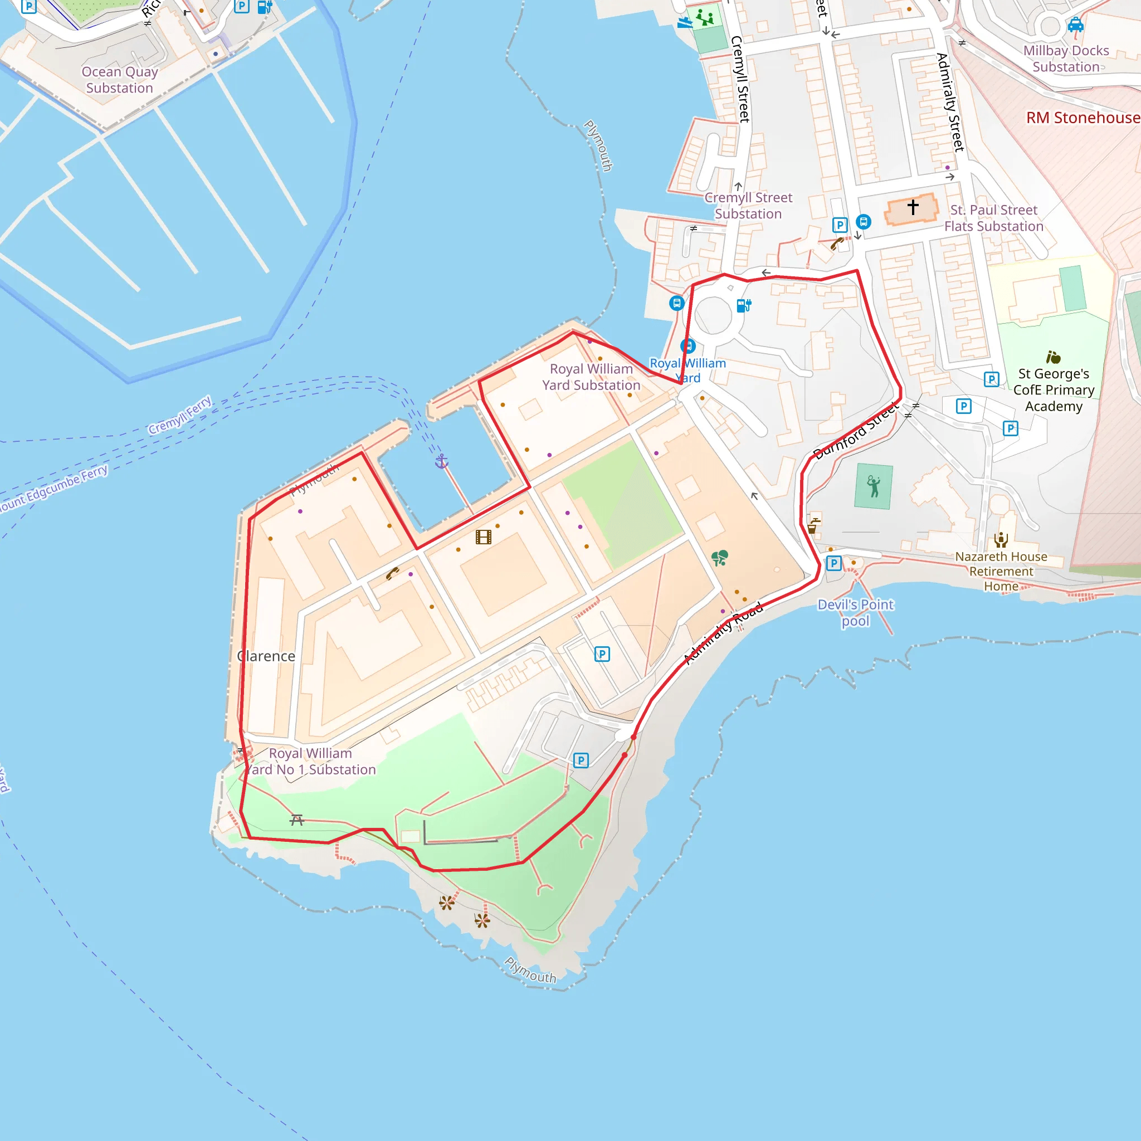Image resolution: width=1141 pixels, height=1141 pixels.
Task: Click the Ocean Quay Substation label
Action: (120, 80)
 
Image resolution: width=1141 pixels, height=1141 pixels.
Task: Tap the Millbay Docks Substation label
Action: (1066, 58)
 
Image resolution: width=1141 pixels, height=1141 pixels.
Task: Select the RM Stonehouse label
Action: (1083, 118)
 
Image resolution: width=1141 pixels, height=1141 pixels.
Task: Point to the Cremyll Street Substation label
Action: (748, 206)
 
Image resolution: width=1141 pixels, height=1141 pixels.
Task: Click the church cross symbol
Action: (913, 207)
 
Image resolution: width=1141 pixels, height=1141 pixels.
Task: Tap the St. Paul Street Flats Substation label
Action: (993, 218)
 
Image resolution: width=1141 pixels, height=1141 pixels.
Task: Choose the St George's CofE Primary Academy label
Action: (1054, 390)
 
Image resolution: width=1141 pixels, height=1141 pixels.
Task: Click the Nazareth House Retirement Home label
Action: (1001, 571)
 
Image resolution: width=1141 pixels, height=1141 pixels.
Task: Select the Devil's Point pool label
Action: (855, 612)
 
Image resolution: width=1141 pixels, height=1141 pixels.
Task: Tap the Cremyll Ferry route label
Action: (180, 415)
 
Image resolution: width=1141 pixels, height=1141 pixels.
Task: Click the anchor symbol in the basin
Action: (442, 462)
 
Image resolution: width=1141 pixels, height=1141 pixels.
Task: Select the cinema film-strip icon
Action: (484, 537)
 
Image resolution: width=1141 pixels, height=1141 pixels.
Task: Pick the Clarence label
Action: (266, 656)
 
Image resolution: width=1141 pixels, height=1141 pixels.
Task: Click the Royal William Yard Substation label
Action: (591, 377)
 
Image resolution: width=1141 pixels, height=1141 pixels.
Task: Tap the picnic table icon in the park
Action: (296, 820)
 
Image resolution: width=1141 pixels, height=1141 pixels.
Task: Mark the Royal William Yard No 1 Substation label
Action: (311, 761)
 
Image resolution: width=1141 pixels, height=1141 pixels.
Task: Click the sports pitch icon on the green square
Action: (874, 486)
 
